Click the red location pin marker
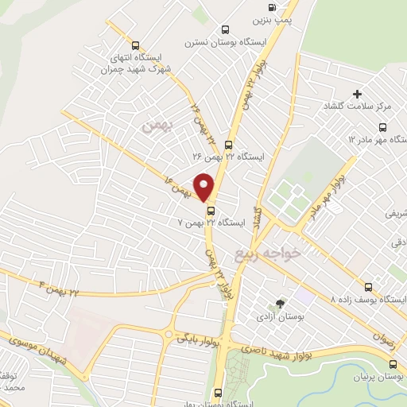205,187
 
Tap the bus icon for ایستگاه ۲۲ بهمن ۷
211,211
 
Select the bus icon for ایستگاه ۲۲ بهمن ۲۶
229,145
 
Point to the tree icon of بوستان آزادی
279,304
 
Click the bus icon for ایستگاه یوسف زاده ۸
367,287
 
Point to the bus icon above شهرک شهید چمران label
134,45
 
